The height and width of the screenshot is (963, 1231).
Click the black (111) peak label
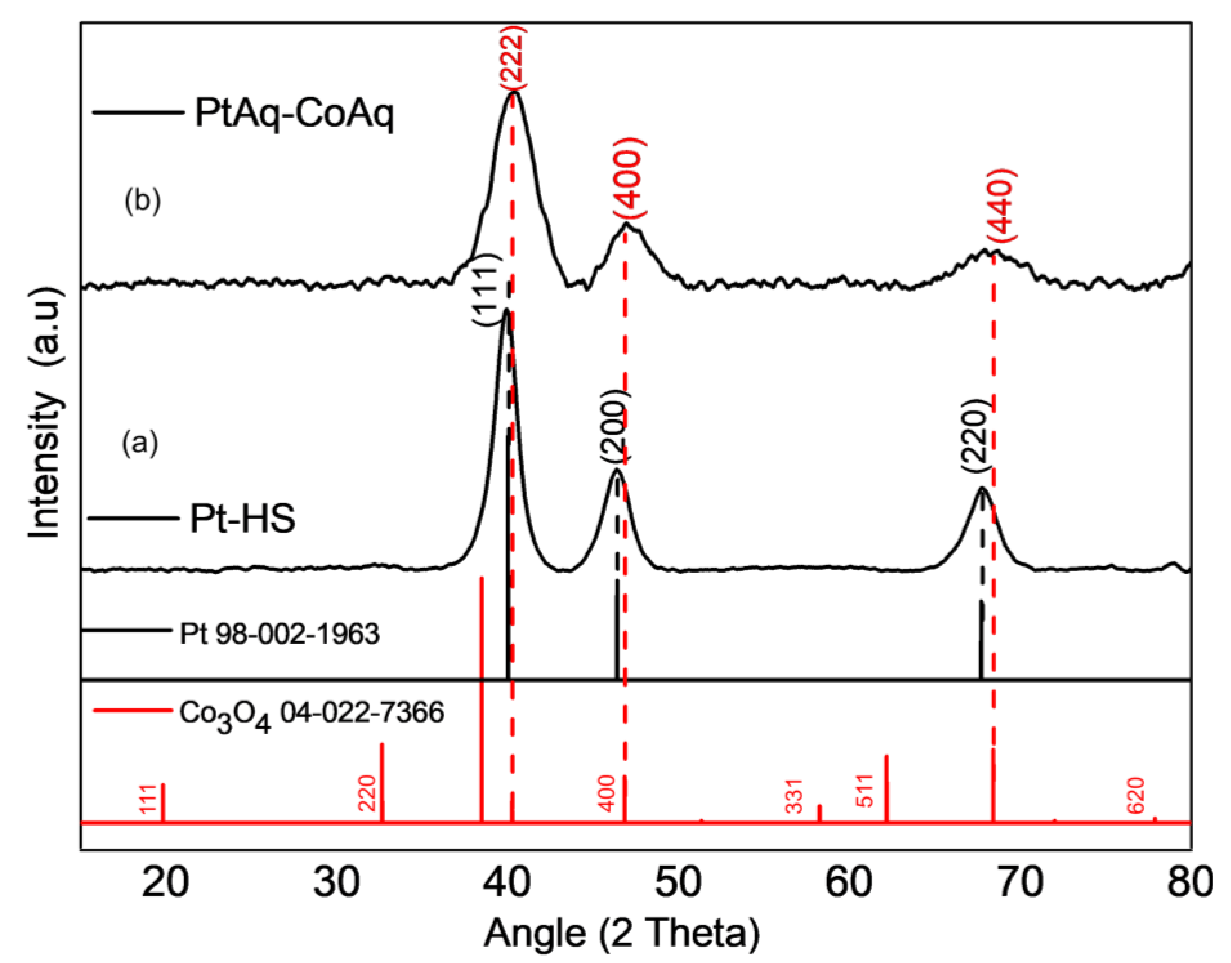[x=486, y=288]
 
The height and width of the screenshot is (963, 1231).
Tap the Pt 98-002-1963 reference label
[x=279, y=634]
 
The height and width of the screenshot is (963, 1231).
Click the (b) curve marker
[x=143, y=202]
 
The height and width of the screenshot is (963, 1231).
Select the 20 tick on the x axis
[x=164, y=882]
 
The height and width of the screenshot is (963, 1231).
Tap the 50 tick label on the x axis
[x=678, y=882]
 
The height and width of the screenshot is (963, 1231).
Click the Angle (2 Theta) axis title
[x=622, y=934]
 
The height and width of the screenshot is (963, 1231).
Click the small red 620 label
[x=1136, y=796]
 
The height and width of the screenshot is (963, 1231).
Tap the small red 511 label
[x=864, y=791]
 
